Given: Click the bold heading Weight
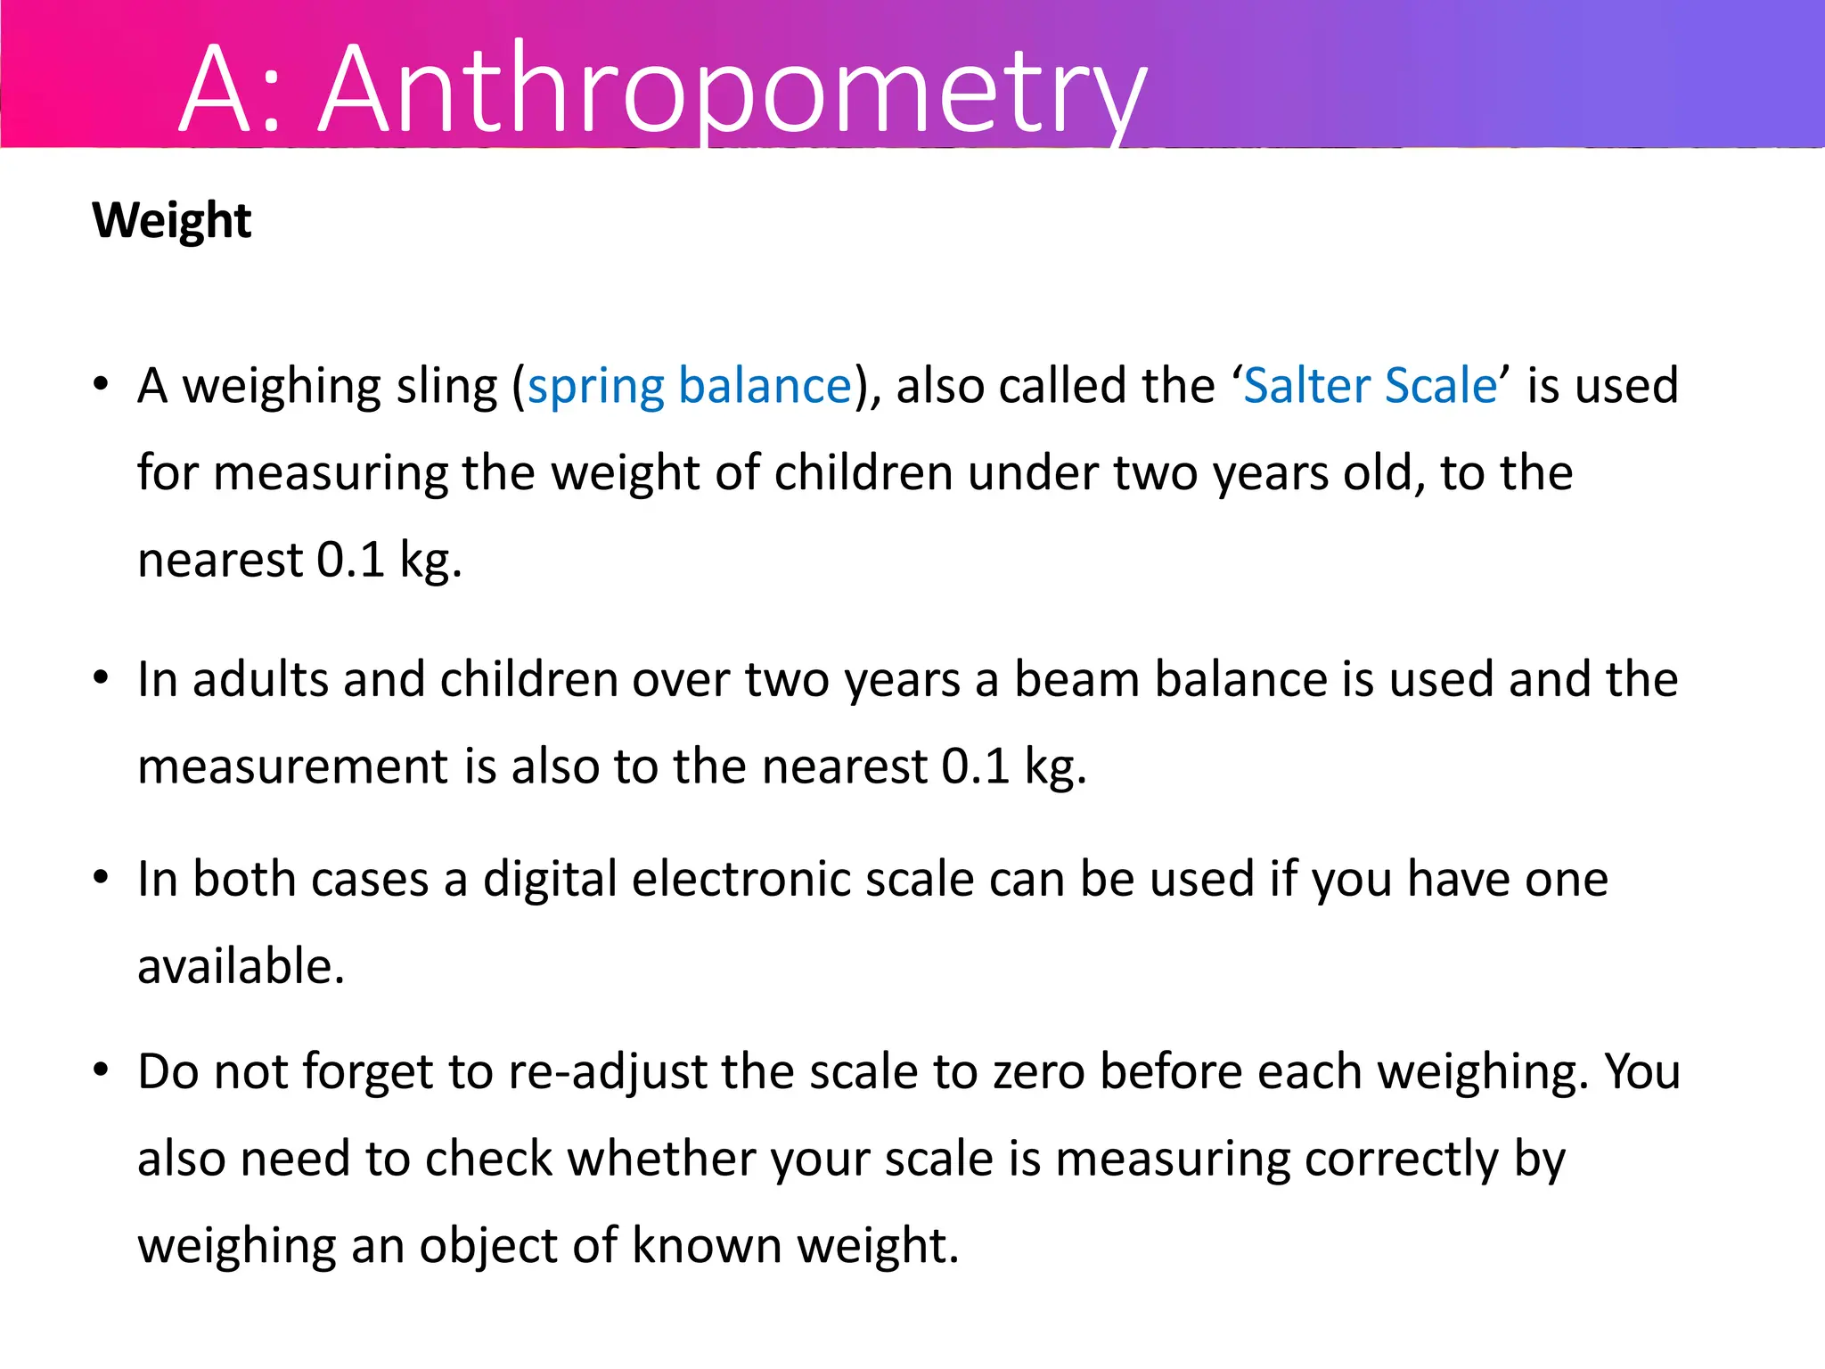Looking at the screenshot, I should coord(172,220).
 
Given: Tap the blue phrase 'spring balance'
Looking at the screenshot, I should coord(690,386).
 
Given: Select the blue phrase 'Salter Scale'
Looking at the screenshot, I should coord(1370,386).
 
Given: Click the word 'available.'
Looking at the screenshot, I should coord(241,966).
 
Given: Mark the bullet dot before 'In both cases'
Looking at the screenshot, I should coord(102,878).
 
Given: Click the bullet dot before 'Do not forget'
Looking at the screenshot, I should coord(102,1070).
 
